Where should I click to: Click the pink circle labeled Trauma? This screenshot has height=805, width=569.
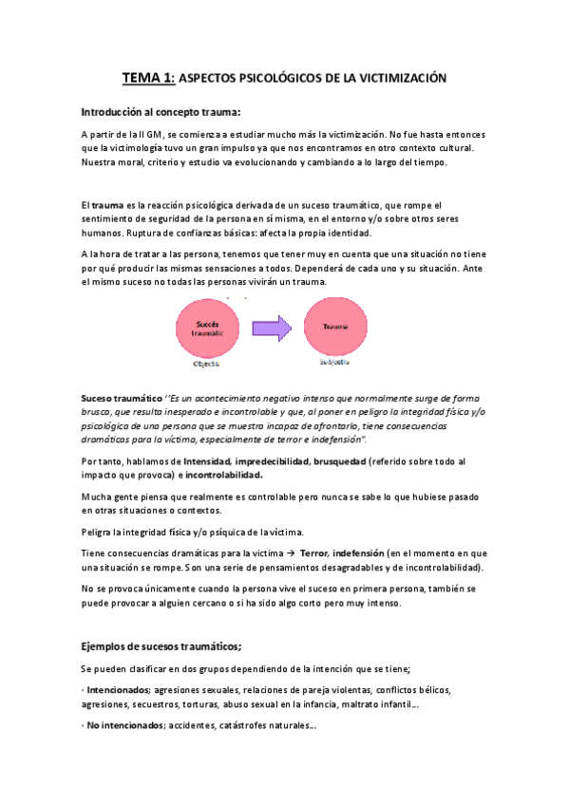[x=334, y=327]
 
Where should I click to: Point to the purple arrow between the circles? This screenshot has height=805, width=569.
[x=272, y=328]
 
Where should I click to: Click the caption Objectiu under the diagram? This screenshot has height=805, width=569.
[x=206, y=363]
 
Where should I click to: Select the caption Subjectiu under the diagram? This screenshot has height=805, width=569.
[x=333, y=362]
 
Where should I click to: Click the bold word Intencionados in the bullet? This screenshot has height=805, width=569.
[x=118, y=690]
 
